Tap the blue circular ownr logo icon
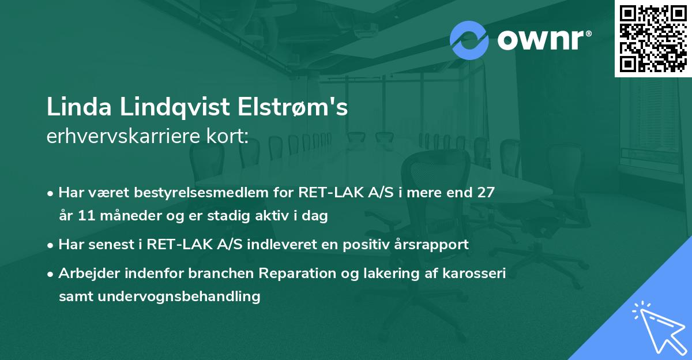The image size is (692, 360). [x=469, y=40]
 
